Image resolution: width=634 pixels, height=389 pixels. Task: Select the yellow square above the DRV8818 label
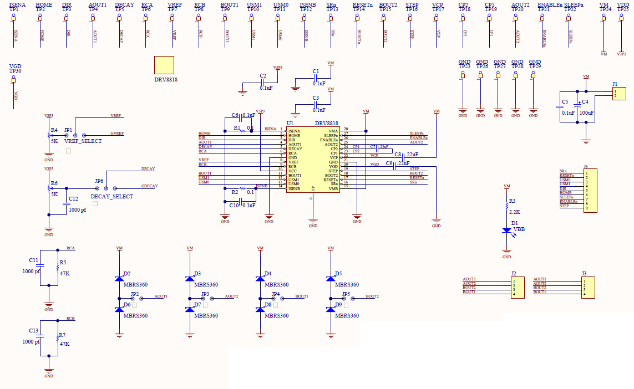[x=164, y=65]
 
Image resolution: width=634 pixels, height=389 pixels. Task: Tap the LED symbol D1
[x=506, y=230]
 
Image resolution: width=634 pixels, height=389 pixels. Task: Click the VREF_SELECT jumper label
[x=83, y=141]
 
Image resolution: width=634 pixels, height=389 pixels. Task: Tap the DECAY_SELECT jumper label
[x=111, y=196]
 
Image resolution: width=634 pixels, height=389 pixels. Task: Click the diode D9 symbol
[x=331, y=309]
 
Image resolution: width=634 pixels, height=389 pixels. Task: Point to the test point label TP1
[x=13, y=10]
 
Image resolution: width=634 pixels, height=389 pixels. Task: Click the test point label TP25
[x=623, y=10]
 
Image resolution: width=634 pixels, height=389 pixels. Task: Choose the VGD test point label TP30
[x=15, y=71]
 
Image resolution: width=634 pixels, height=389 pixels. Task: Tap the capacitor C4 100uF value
[x=587, y=112]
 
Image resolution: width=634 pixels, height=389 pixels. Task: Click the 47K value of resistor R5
[x=64, y=274]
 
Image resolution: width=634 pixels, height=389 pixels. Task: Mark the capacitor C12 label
[x=73, y=198]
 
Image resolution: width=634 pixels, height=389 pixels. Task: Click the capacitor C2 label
[x=263, y=75]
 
